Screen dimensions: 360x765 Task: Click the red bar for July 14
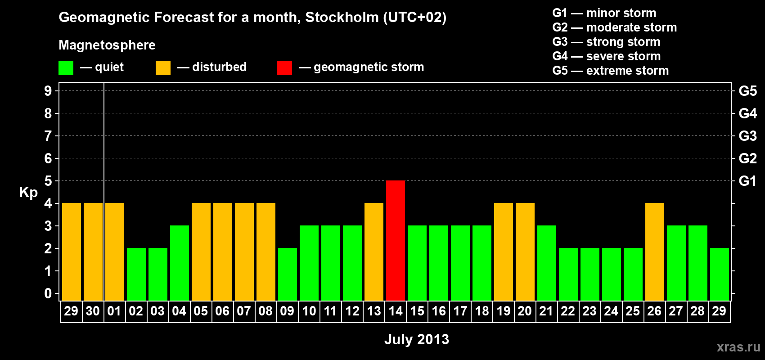[396, 240]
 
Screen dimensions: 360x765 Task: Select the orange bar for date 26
[655, 252]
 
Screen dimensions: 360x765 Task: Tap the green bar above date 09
[288, 274]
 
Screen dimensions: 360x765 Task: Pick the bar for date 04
[180, 263]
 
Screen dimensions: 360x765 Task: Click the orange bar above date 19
[504, 252]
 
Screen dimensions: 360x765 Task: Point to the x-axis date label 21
[546, 311]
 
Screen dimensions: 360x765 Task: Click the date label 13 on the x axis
[374, 311]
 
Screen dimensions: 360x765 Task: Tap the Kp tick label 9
[48, 91]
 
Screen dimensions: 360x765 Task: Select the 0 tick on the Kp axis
[48, 293]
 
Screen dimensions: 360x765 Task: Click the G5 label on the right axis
[747, 91]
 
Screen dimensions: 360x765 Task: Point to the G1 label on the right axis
[747, 181]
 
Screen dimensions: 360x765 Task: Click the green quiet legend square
[66, 68]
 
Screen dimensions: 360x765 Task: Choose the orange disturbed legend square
[163, 68]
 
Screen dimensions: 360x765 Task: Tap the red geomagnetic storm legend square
[284, 68]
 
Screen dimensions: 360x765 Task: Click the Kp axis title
[28, 192]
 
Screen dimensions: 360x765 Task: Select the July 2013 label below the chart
[417, 339]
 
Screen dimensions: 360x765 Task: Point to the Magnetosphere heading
[107, 45]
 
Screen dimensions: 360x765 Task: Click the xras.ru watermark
[738, 347]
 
